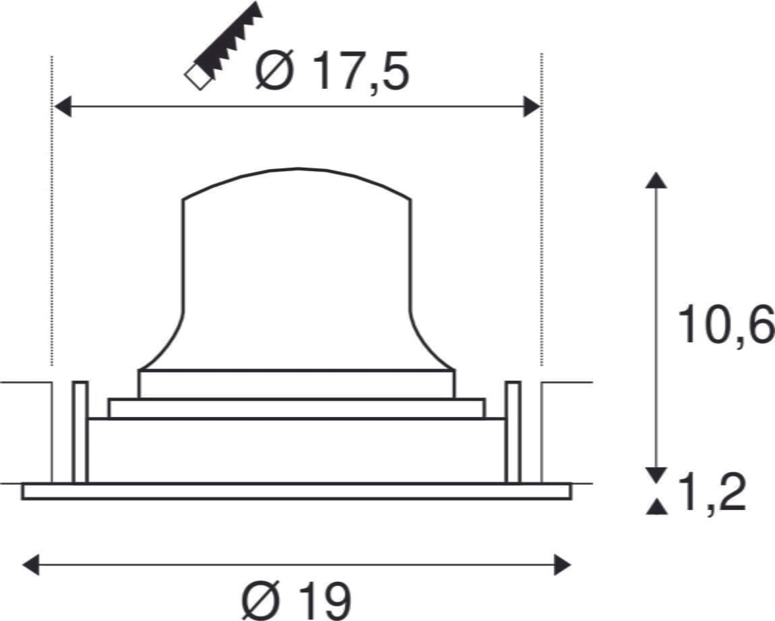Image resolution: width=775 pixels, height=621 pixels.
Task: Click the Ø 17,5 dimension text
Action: (332, 71)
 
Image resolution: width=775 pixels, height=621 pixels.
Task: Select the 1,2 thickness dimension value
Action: (712, 493)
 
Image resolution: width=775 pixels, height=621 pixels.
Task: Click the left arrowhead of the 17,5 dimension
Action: (62, 106)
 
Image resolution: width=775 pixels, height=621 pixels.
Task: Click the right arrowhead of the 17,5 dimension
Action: (532, 106)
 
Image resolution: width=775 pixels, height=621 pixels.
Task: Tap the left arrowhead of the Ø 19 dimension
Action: (31, 564)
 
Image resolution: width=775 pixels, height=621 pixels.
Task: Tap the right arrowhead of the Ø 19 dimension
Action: (563, 564)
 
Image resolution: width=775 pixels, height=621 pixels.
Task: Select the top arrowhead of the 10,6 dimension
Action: (656, 181)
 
